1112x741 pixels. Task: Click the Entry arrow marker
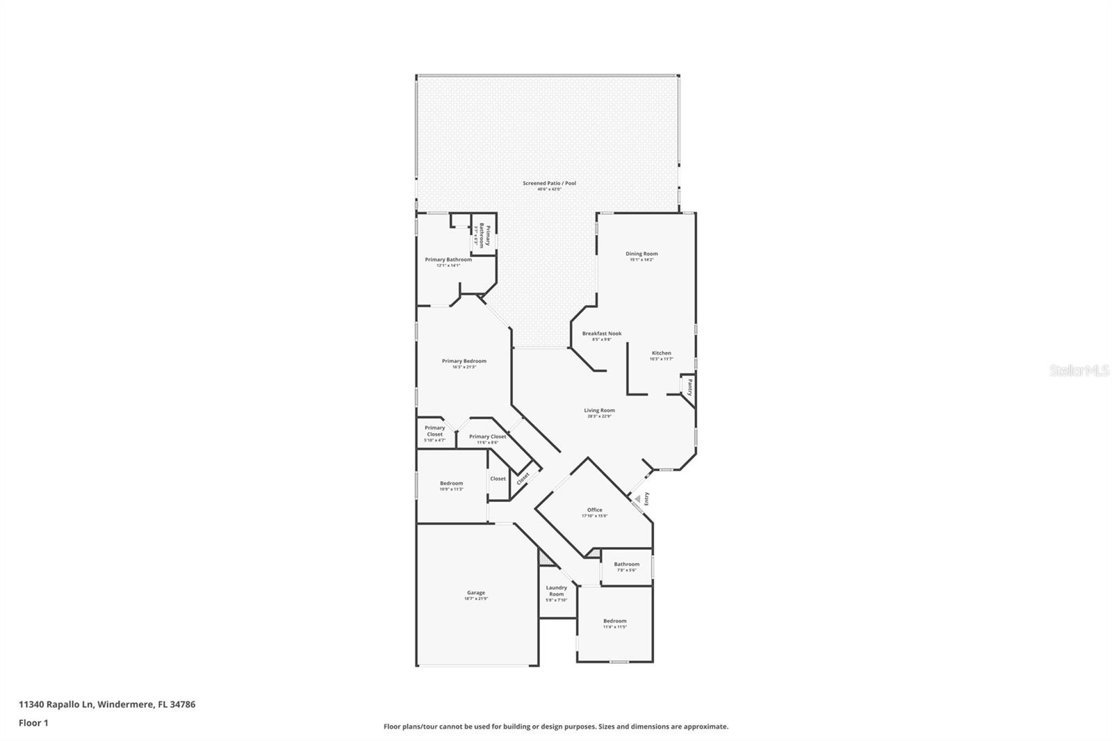pyautogui.click(x=637, y=498)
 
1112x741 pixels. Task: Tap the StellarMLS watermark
pyautogui.click(x=1079, y=370)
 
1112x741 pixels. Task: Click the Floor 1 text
pyautogui.click(x=33, y=723)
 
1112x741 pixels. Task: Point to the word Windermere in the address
pyautogui.click(x=125, y=704)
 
